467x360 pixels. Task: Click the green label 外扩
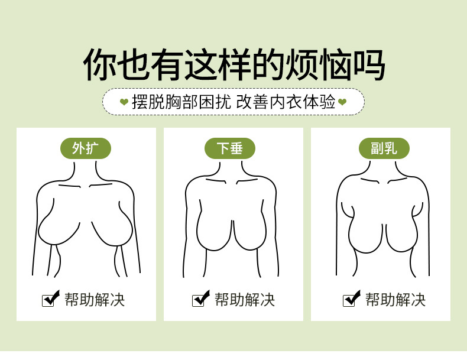86,148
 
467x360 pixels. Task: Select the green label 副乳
384,148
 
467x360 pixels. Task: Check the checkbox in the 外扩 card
50,299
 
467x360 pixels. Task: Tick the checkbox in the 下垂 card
200,299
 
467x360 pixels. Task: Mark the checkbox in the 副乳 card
351,299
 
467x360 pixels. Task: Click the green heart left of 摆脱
124,102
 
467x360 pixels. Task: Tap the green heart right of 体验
342,102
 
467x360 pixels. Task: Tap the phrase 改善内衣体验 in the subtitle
286,102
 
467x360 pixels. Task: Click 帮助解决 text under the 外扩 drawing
95,300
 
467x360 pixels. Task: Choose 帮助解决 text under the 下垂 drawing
245,300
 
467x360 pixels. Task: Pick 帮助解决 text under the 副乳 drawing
395,300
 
